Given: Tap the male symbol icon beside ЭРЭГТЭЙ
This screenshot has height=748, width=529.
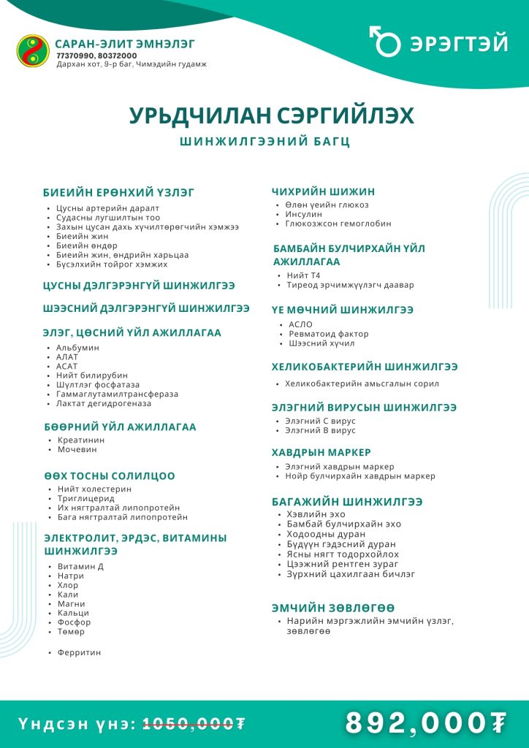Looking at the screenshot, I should point(384,42).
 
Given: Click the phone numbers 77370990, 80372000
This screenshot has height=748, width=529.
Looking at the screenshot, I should point(96,56).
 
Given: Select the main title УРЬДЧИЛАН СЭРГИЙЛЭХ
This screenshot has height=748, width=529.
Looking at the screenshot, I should point(272,116).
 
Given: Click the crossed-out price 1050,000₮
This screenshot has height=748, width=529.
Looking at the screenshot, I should point(194,724).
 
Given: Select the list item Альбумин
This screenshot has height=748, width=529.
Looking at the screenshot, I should point(77,348).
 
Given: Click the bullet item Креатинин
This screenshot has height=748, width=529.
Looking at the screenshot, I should point(81,440).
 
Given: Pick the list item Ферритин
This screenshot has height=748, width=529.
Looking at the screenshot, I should point(80,652).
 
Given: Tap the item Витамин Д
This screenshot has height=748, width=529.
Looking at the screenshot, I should point(80,567).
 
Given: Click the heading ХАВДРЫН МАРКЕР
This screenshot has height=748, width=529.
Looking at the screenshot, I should point(321,452).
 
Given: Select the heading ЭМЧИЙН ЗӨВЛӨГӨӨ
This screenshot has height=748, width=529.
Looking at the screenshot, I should point(333,608).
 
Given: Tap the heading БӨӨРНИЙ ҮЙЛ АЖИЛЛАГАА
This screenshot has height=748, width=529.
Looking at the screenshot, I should point(120,427).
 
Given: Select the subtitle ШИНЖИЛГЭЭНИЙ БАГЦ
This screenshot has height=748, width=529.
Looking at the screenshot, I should point(264,142).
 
